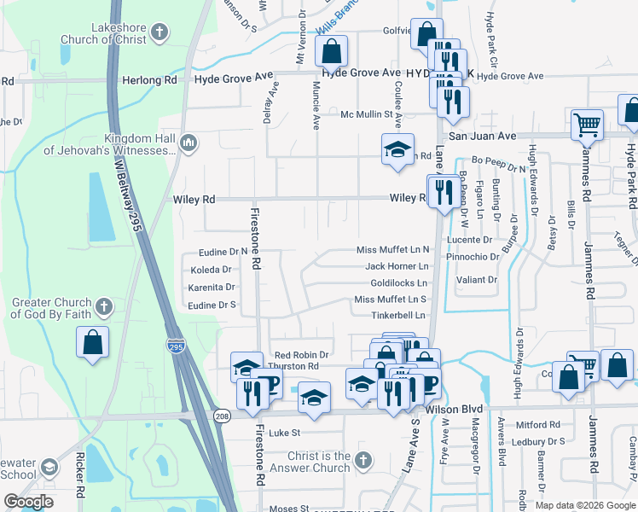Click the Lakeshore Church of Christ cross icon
159,34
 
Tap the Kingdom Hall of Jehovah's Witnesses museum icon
188,142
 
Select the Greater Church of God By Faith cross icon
103,305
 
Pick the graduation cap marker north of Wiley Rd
397,150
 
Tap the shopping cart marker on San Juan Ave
587,126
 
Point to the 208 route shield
222,416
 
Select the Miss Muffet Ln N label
392,250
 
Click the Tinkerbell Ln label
397,316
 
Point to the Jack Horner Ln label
397,266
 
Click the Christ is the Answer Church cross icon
362,461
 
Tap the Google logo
29,502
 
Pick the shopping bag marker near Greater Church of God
93,342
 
